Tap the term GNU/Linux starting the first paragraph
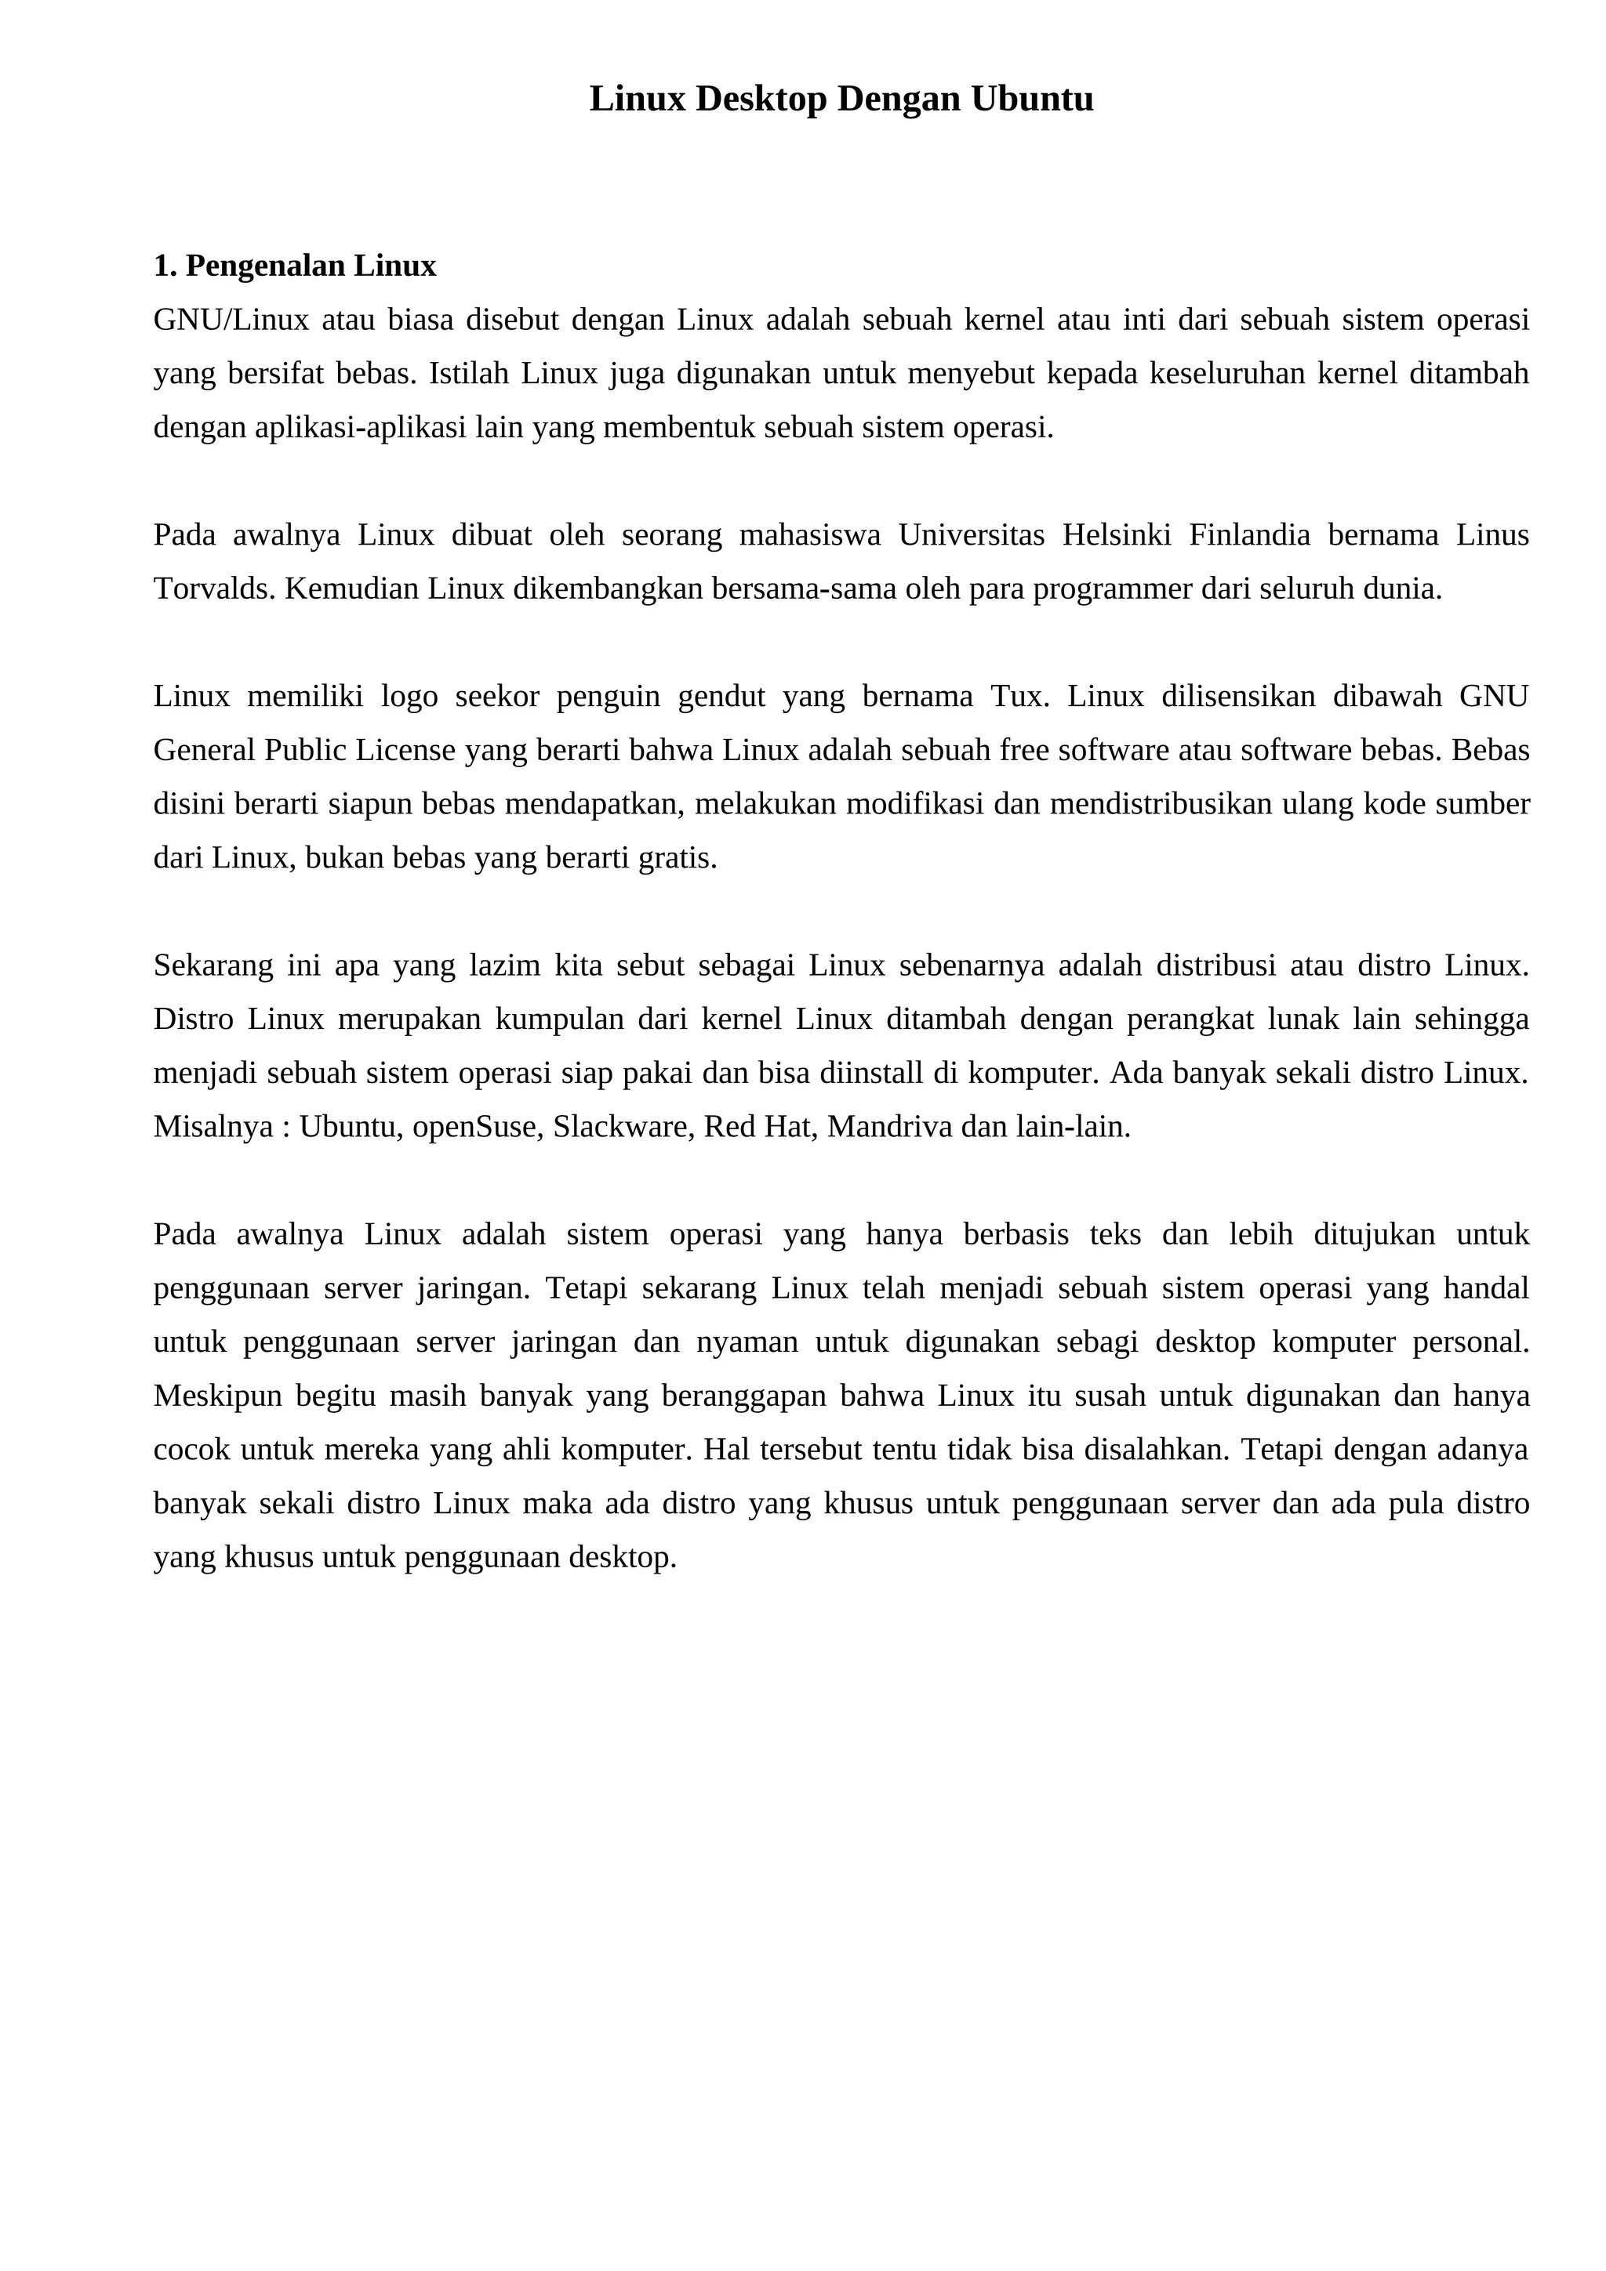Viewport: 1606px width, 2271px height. [231, 320]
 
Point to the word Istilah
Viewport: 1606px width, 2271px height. [468, 373]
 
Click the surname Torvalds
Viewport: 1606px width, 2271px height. [215, 589]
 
